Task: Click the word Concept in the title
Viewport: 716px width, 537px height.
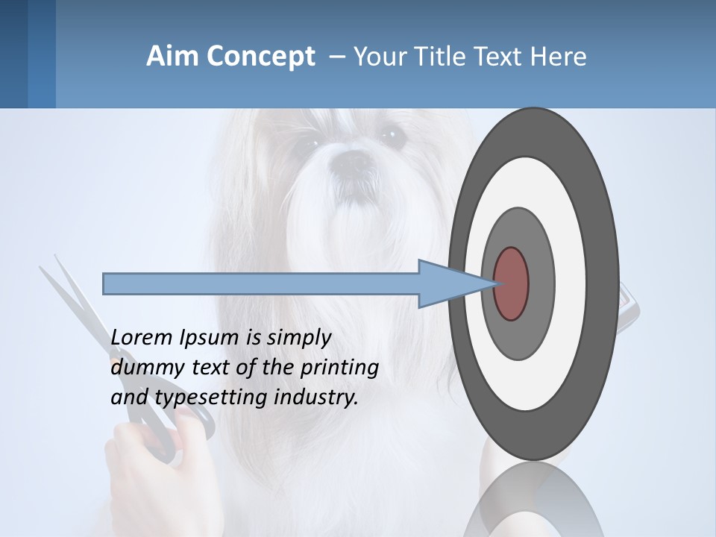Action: click(x=260, y=57)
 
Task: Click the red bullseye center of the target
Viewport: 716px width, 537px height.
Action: click(x=511, y=283)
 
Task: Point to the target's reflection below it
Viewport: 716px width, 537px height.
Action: click(x=533, y=500)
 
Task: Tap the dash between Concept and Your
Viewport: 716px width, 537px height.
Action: click(x=336, y=57)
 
